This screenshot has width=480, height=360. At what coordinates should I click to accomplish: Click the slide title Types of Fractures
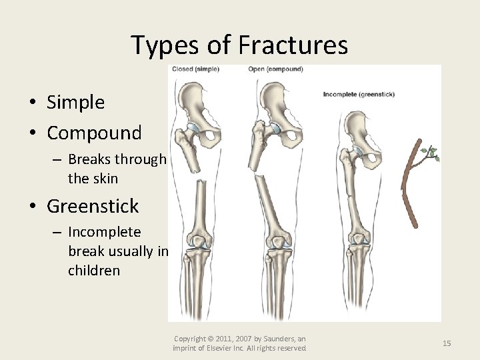239,45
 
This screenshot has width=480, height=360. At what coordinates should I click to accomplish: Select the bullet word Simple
75,102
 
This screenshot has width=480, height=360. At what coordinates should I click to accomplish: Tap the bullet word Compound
94,133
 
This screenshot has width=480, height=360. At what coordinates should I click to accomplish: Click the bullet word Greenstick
93,206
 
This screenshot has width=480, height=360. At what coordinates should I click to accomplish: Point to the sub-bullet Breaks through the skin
117,169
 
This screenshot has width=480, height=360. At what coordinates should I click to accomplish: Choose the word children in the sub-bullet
94,271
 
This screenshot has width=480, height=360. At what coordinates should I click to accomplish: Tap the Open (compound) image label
275,69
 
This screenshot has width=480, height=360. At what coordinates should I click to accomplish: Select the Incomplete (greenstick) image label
359,95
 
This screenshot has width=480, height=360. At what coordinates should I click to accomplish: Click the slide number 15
447,343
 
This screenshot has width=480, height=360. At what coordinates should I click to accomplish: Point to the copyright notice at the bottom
239,343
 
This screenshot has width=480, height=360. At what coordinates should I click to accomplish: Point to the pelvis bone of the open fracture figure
280,110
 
